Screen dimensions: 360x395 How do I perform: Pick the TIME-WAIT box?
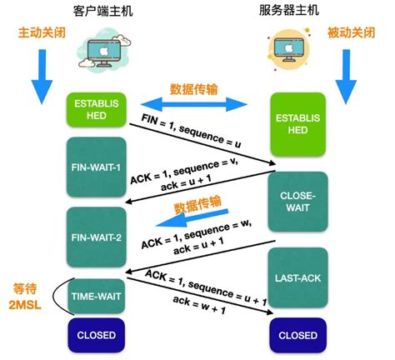tap(95, 294)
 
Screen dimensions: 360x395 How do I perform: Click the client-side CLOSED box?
tap(95, 336)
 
